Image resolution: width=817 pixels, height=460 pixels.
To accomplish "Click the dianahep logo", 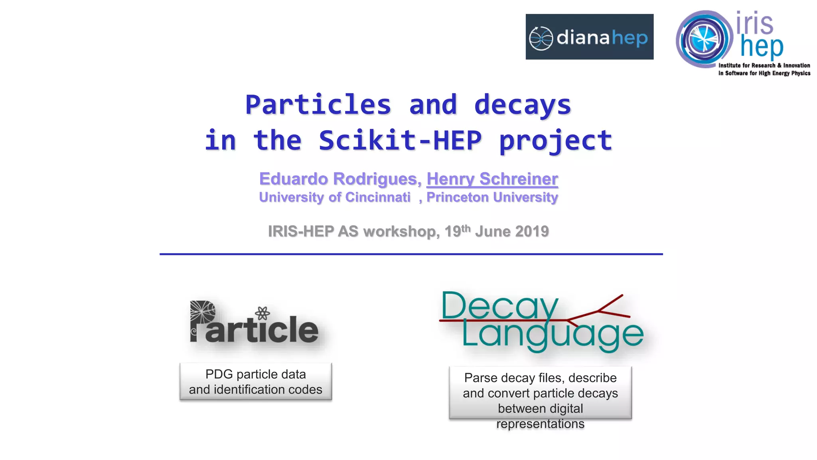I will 589,37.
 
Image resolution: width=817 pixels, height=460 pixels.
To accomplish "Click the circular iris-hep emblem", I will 704,39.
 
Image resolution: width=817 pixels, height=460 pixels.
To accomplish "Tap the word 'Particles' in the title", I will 318,105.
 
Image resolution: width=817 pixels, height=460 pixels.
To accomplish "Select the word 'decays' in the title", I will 523,105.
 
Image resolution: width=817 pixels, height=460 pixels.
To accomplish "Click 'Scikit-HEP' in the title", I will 400,141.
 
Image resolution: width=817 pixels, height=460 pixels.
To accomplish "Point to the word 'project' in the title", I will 555,141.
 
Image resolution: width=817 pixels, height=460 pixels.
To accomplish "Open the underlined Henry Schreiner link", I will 492,179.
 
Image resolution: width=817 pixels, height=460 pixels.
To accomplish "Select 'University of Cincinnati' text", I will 334,197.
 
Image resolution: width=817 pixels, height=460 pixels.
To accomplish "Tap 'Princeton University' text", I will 492,197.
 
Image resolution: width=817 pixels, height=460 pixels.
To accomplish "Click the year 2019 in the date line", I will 532,232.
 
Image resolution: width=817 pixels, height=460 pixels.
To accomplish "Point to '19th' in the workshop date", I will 457,231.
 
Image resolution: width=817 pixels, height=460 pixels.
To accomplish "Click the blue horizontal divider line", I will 411,254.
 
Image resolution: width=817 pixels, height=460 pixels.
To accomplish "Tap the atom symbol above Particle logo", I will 262,313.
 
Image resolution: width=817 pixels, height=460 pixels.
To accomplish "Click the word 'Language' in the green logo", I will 552,335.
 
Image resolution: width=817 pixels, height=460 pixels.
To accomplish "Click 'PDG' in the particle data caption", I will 219,374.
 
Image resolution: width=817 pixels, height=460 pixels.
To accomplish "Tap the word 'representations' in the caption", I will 540,424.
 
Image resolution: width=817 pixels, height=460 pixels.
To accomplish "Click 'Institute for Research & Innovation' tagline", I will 764,65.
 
